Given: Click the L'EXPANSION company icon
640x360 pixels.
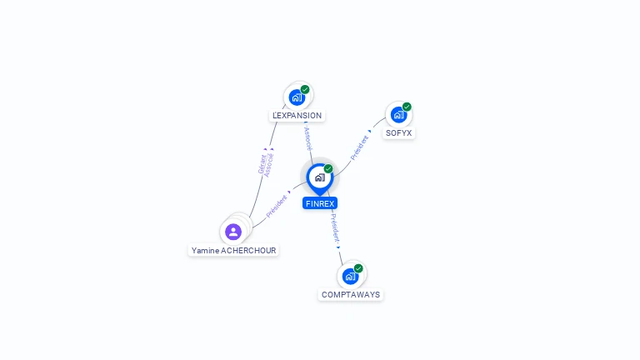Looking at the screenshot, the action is pyautogui.click(x=297, y=97).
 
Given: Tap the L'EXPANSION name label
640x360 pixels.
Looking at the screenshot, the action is pyautogui.click(x=297, y=116).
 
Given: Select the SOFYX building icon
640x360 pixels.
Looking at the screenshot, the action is pyautogui.click(x=398, y=115).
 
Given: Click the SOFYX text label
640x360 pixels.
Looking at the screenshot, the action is pyautogui.click(x=399, y=133).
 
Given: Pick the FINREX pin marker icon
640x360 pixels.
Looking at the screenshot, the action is pyautogui.click(x=320, y=179).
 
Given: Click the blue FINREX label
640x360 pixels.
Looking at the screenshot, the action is pyautogui.click(x=320, y=203).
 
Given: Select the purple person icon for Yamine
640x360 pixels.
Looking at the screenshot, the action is pyautogui.click(x=233, y=232).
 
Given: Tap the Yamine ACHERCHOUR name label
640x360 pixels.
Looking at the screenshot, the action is pyautogui.click(x=233, y=250).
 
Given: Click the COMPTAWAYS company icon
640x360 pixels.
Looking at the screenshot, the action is pyautogui.click(x=350, y=277).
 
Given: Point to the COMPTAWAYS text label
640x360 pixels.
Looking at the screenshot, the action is pyautogui.click(x=351, y=295).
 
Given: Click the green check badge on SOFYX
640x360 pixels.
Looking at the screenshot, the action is pyautogui.click(x=407, y=107).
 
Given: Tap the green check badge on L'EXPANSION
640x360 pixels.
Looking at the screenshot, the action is pyautogui.click(x=305, y=89).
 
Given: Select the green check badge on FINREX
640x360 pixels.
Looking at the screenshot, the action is pyautogui.click(x=328, y=168).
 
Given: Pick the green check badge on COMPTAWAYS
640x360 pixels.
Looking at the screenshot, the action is pyautogui.click(x=358, y=268).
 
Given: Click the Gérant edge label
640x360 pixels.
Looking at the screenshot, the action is pyautogui.click(x=262, y=164).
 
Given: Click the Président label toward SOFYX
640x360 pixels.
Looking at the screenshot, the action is pyautogui.click(x=359, y=147).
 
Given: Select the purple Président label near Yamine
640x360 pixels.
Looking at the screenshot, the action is pyautogui.click(x=277, y=206).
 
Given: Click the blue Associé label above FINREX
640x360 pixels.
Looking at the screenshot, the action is pyautogui.click(x=308, y=139).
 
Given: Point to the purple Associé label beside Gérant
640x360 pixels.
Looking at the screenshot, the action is pyautogui.click(x=268, y=165).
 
